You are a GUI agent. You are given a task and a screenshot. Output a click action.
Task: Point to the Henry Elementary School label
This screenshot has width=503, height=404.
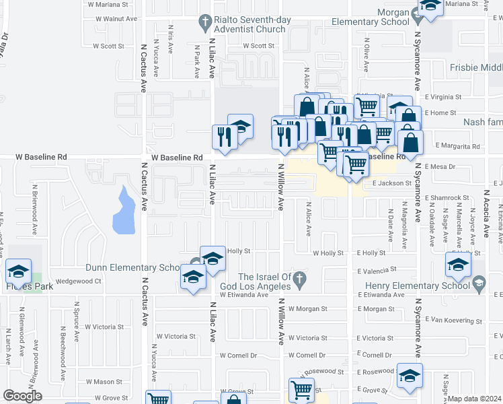point(417,285)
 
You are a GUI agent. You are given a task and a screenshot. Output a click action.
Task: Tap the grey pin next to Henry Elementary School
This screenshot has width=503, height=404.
point(478,285)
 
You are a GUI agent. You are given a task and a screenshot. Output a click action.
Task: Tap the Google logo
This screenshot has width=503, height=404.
point(22,396)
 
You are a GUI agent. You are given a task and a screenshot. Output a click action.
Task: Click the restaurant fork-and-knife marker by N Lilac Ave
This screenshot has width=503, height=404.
point(223,137)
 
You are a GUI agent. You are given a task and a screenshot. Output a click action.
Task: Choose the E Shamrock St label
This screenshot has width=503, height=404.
point(447,197)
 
